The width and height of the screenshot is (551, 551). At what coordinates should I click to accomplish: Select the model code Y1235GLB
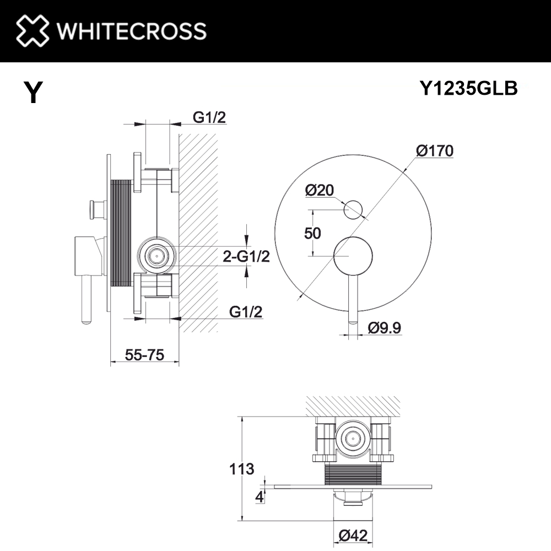(x=468, y=88)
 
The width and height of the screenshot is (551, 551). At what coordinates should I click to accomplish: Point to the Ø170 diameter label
(x=435, y=150)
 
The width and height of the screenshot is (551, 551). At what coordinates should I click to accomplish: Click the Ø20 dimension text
(x=319, y=191)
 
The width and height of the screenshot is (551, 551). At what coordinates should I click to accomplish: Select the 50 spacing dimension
(x=313, y=233)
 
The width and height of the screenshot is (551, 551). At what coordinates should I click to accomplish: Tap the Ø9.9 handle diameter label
(x=383, y=328)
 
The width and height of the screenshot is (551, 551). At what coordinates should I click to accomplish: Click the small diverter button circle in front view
(x=353, y=210)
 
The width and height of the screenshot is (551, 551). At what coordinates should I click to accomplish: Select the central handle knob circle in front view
(x=354, y=255)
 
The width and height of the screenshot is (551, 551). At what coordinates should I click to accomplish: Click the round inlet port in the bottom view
(x=352, y=439)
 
